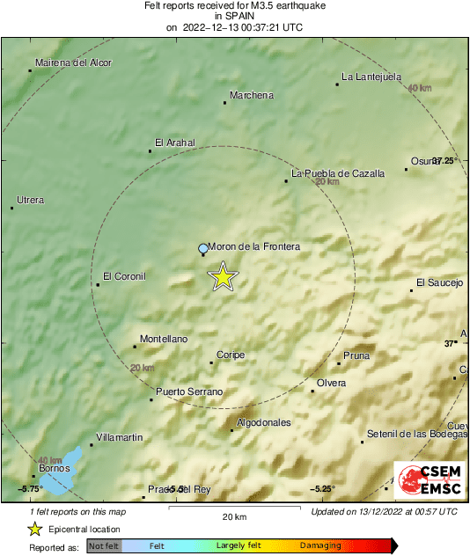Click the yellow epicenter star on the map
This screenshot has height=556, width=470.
[x=224, y=276]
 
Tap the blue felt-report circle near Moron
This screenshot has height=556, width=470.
[x=203, y=249]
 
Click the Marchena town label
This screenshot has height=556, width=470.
[x=251, y=95]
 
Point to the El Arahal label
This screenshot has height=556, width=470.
[x=174, y=143]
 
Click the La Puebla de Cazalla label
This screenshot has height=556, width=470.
[x=338, y=173]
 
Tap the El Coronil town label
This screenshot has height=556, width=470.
[x=123, y=276]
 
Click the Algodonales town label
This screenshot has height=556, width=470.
[x=264, y=422]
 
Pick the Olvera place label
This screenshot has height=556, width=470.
[x=331, y=383]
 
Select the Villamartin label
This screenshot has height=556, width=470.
[x=119, y=436]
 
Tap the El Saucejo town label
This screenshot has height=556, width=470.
[x=439, y=282]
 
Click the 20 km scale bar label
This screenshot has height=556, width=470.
[x=233, y=516]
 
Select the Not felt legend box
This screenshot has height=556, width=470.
[x=104, y=546]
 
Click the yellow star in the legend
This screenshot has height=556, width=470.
[x=34, y=529]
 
